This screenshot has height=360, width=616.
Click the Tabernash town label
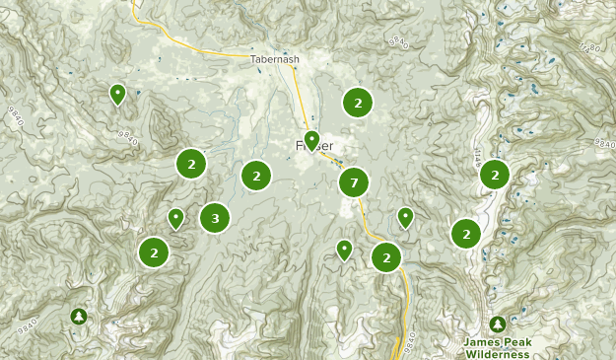274,59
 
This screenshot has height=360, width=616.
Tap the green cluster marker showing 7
353,182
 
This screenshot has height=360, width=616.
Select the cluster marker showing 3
215,218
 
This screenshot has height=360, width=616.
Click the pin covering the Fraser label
311,141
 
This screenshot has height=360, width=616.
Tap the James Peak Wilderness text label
498,347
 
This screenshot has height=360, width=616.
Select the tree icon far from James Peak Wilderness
79,316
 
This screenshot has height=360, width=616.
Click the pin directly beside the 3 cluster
176,218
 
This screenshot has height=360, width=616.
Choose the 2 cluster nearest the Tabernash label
357,102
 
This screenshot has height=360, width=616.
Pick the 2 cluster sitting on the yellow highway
386,257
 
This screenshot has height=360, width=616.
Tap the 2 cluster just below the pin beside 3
154,252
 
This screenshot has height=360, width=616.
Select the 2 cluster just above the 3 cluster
191,163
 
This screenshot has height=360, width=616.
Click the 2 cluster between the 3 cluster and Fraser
256,177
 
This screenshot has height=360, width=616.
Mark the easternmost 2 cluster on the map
495,175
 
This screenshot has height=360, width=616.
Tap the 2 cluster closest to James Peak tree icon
466,234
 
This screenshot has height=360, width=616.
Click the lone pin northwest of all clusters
117,94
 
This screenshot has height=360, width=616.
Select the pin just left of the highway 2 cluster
344,250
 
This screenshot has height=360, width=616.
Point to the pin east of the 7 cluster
405,217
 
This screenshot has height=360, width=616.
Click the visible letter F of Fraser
300,146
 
